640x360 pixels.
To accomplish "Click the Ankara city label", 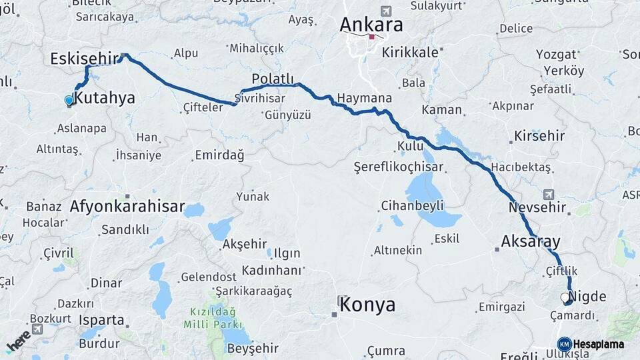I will pos(371,25).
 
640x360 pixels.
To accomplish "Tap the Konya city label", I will pos(367,305).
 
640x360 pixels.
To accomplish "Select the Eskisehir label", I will pos(83,59).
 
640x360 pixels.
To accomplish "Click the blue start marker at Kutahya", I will pos(69,101).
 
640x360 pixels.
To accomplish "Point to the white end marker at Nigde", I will pos(565,297).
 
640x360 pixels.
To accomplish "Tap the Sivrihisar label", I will pos(261,98).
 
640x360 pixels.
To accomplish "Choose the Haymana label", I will pos(364,98).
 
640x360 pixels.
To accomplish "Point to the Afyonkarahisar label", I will pos(127,206).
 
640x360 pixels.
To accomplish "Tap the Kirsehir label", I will pos(539,136).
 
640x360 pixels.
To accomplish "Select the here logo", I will pos(18,341).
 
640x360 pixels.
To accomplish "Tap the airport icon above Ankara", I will pos(385,11).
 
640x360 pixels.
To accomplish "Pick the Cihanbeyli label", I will pos(412,205).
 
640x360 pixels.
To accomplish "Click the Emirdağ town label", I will pos(219,155).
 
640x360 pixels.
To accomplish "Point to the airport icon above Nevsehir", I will pos(549,195).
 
